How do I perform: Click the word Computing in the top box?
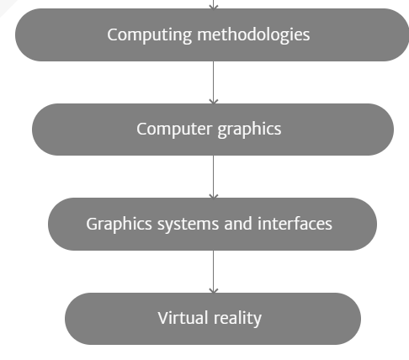(x=149, y=35)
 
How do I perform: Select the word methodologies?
(x=253, y=35)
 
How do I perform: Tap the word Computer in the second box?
(x=174, y=130)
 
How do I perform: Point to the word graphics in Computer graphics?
(x=249, y=130)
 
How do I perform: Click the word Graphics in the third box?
(x=119, y=225)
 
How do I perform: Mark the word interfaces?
(x=295, y=224)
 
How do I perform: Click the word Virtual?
(x=183, y=318)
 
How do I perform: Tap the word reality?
(x=237, y=319)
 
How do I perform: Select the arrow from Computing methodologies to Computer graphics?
(x=214, y=82)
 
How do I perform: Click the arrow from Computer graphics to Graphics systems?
(x=214, y=177)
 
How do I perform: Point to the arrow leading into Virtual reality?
(x=214, y=272)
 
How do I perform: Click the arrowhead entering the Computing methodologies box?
(x=214, y=7)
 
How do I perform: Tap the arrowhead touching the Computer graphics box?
(x=214, y=102)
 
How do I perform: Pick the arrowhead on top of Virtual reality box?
(x=214, y=291)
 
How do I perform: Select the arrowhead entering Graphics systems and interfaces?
(x=214, y=196)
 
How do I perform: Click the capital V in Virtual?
(x=163, y=318)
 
